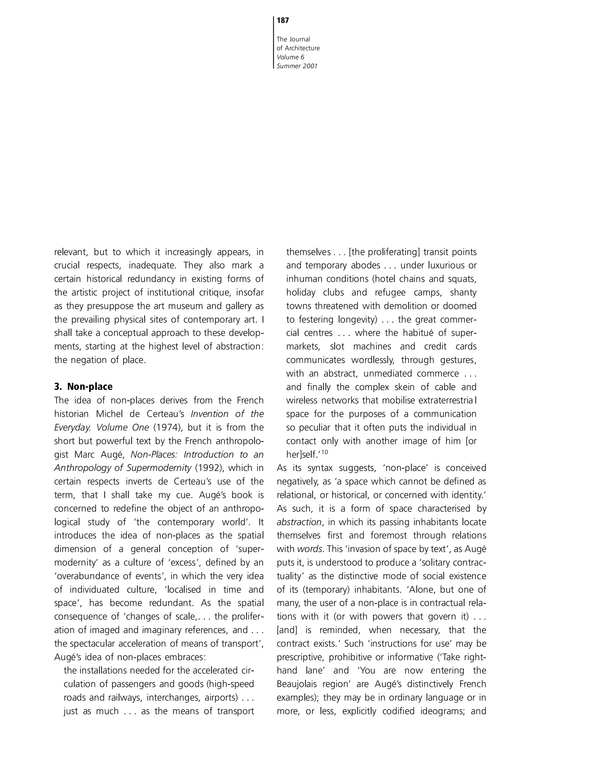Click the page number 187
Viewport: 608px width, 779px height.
pyautogui.click(x=283, y=21)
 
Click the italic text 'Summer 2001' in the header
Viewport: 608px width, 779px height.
pyautogui.click(x=297, y=66)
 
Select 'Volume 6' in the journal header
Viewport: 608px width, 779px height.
pyautogui.click(x=290, y=57)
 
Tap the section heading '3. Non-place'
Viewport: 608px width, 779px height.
pyautogui.click(x=83, y=387)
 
